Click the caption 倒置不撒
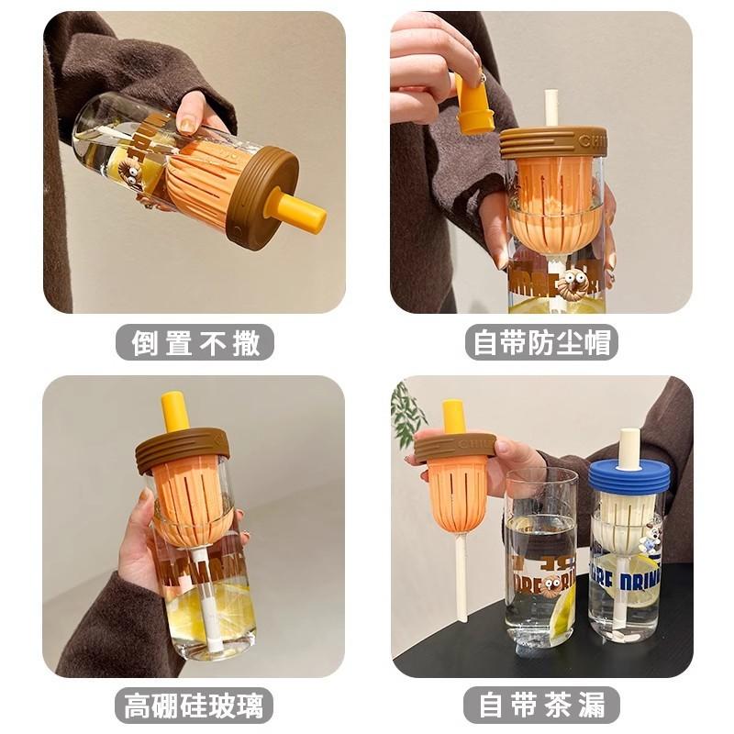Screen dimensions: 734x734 point(195,343)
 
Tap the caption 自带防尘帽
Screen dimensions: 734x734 point(541,343)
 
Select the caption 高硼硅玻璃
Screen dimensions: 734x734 point(195,705)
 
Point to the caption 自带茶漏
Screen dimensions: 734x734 point(541,705)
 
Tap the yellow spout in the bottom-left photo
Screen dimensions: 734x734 point(174,411)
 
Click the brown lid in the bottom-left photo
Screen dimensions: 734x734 point(182,448)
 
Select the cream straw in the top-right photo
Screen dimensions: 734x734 point(551,108)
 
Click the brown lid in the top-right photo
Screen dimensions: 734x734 point(552,142)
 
